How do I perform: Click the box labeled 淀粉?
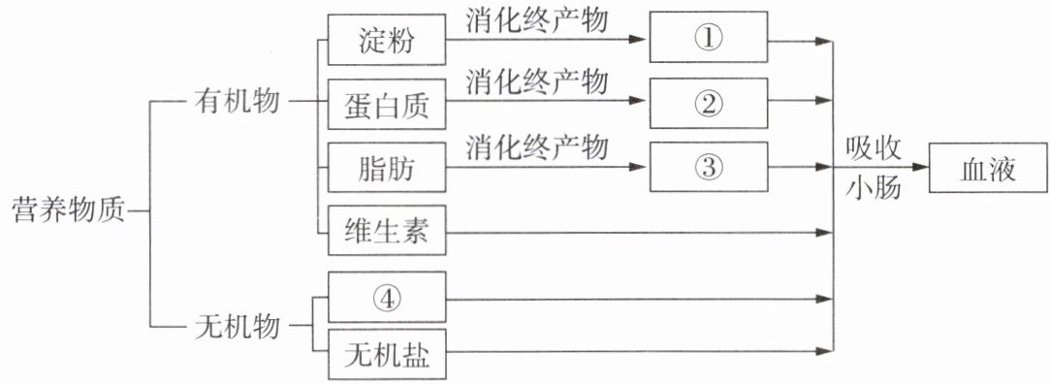pos(387,40)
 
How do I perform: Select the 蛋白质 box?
pos(387,104)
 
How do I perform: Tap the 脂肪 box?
pos(387,168)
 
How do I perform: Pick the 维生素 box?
pos(387,231)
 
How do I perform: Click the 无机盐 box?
pos(387,355)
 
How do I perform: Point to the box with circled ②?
pos(709,103)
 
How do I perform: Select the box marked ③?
pos(709,166)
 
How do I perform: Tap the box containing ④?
pos(387,297)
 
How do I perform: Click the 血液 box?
pos(988,168)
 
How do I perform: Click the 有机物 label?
pos(237,103)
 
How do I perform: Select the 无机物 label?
pos(237,329)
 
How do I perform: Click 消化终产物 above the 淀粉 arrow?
pos(538,20)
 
